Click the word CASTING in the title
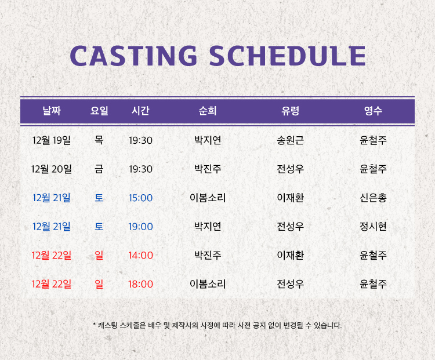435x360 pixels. (x=133, y=56)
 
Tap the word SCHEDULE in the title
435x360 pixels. (x=288, y=56)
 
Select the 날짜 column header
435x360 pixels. (x=52, y=111)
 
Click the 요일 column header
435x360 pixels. (x=99, y=111)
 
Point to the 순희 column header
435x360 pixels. (x=208, y=111)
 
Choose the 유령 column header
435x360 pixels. (x=290, y=111)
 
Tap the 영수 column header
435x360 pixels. (x=373, y=111)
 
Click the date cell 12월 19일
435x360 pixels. (x=52, y=140)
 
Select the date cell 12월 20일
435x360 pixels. (x=52, y=169)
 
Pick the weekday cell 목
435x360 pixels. (x=99, y=140)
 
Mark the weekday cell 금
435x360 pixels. (x=99, y=169)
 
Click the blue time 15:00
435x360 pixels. (x=141, y=198)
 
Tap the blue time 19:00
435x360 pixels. (x=141, y=227)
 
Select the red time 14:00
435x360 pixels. (x=141, y=256)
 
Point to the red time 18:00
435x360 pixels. (x=141, y=284)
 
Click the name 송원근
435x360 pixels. (x=290, y=140)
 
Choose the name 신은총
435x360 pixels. (x=373, y=198)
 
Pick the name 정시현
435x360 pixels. (x=373, y=227)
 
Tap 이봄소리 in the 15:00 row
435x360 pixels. (x=208, y=198)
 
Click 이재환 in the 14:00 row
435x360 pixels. (x=290, y=255)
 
